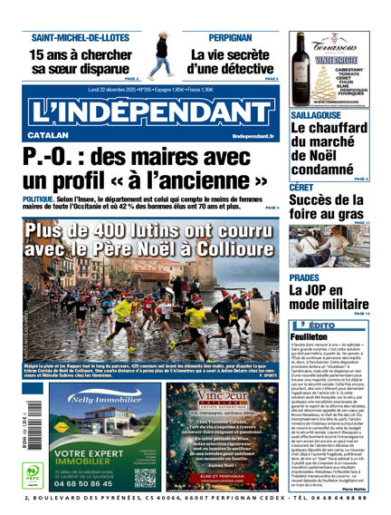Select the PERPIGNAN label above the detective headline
(230, 38)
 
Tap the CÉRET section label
(301, 188)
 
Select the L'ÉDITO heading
(322, 324)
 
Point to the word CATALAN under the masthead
(42, 136)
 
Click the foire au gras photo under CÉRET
(329, 244)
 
